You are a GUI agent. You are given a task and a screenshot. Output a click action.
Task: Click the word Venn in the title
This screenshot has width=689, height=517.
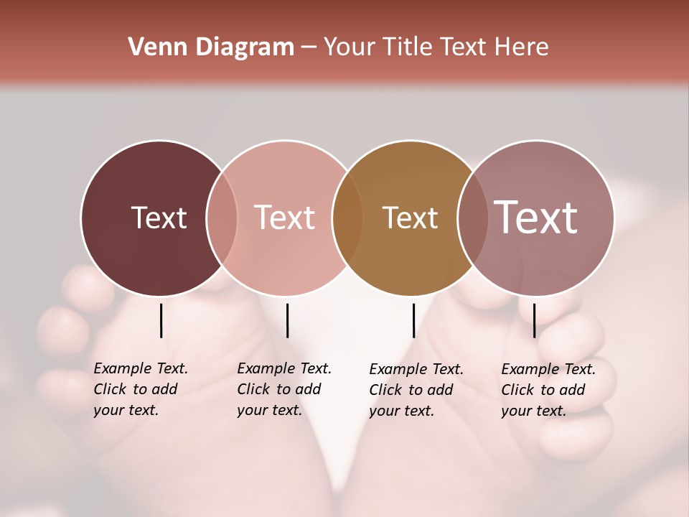click(154, 47)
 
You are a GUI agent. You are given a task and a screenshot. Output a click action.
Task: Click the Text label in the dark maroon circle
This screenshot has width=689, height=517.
click(159, 218)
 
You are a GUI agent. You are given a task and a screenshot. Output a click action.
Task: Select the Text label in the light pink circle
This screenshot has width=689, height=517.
click(285, 218)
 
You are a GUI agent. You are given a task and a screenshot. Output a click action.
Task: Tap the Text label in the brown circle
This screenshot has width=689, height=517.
click(410, 218)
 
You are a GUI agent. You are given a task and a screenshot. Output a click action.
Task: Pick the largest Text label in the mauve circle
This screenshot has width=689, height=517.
click(536, 218)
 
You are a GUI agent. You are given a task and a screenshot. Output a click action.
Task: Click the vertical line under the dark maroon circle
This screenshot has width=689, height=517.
click(161, 320)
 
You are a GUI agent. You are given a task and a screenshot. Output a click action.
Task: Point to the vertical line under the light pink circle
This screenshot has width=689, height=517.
click(287, 320)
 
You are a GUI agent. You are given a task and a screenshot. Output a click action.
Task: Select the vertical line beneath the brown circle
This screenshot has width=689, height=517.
click(413, 320)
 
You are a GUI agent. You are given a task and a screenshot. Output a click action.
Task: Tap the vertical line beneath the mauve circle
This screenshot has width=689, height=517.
click(534, 320)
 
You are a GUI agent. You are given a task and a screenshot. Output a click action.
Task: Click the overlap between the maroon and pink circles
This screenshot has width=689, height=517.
click(222, 218)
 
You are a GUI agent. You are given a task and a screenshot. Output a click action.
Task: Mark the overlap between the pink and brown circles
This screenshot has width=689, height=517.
click(347, 218)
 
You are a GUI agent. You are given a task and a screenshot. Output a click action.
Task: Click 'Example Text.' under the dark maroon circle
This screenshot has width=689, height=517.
click(141, 368)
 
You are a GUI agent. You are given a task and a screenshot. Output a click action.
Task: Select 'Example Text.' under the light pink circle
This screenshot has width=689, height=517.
click(284, 368)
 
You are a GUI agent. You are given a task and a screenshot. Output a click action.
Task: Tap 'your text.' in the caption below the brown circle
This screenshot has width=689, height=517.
click(401, 411)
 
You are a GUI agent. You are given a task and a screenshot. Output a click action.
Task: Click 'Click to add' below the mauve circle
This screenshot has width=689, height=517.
click(543, 390)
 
